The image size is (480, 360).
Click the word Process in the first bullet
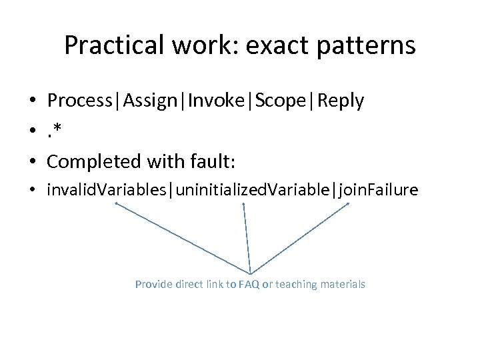(81, 101)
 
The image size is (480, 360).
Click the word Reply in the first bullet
(341, 101)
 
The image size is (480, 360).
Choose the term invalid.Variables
(108, 191)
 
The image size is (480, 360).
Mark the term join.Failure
(379, 191)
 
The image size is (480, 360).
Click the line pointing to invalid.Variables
(183, 239)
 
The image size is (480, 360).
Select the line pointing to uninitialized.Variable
(247, 239)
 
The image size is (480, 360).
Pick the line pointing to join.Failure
(300, 239)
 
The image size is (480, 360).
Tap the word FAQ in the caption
(249, 285)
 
